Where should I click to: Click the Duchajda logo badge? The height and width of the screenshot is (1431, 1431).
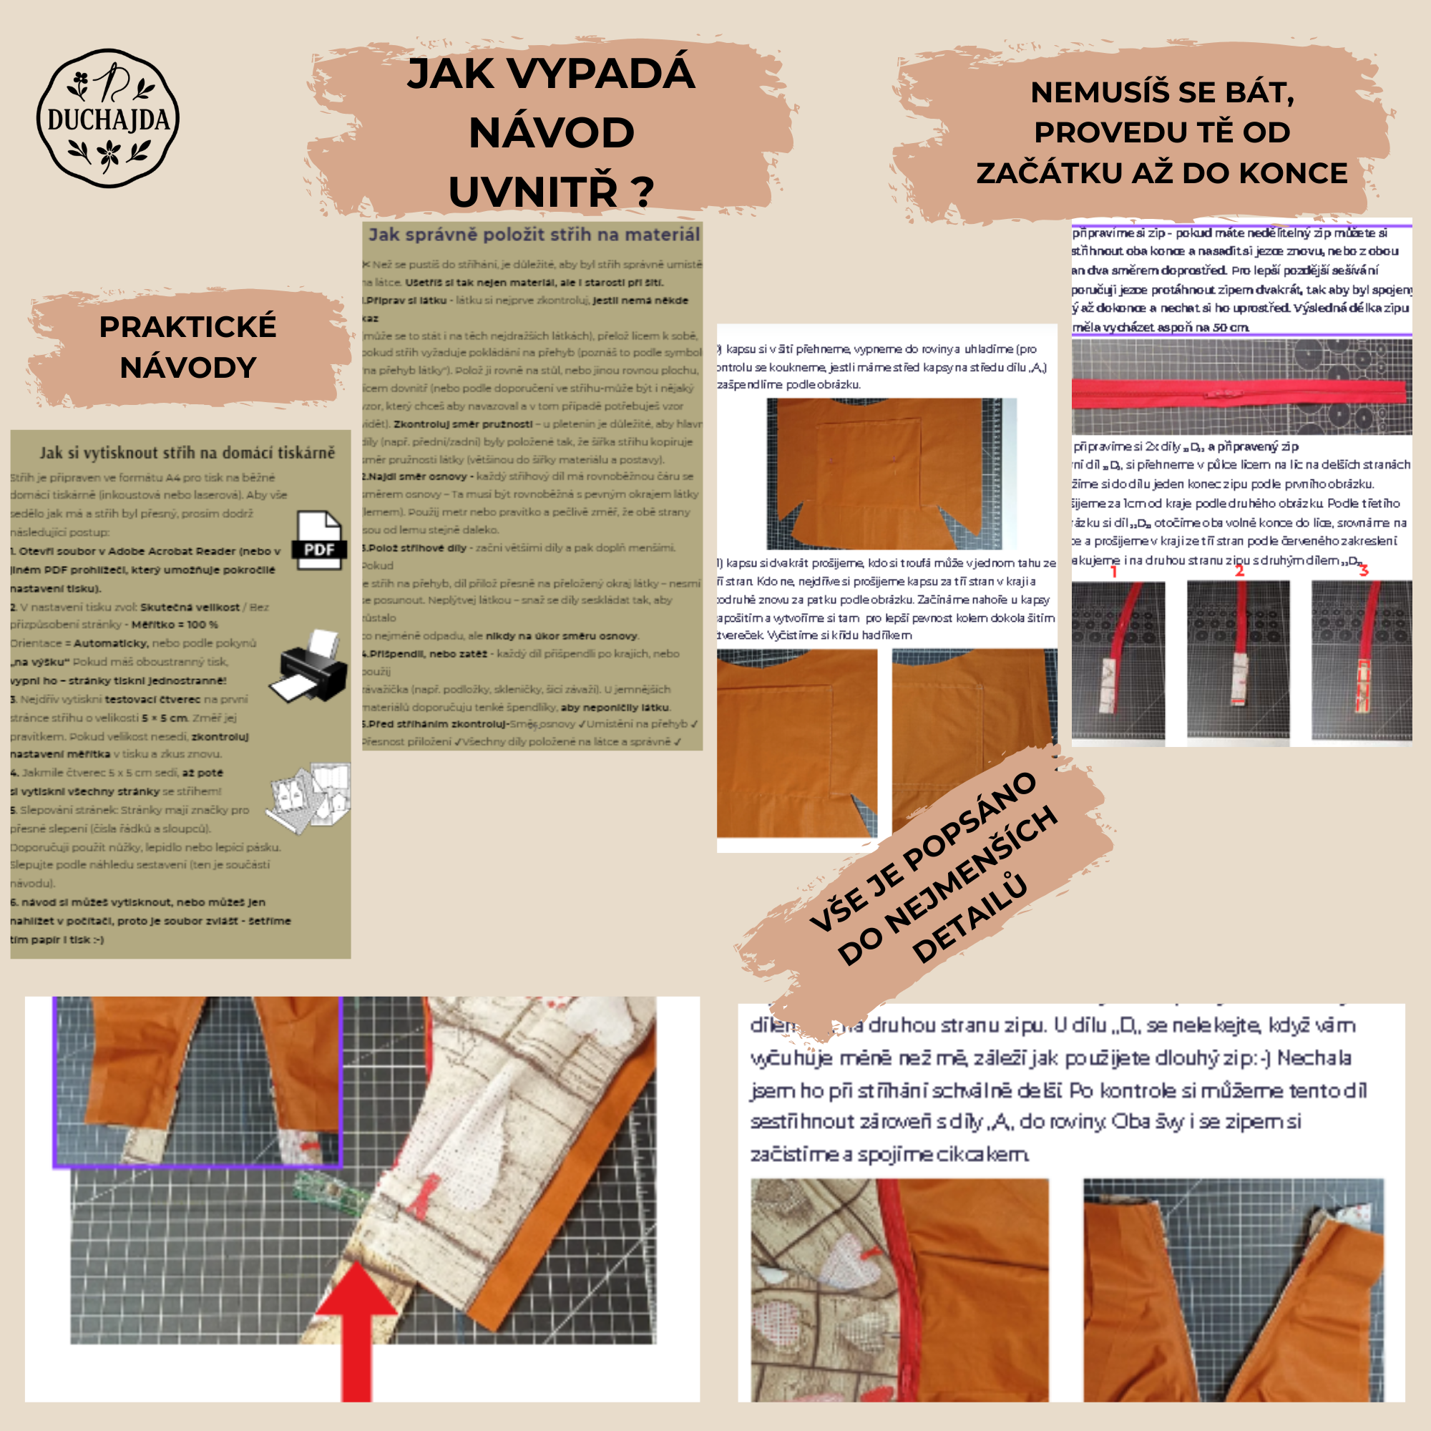point(108,118)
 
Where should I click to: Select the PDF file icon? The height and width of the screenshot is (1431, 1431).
point(319,540)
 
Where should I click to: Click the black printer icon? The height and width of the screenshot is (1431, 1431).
point(309,667)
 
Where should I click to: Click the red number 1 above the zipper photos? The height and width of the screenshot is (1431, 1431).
point(1113,571)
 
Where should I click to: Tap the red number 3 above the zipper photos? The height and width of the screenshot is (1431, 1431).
point(1364,570)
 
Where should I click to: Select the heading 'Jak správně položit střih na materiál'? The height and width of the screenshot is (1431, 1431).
point(534,235)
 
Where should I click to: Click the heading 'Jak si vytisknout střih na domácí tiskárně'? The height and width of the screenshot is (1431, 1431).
point(187,453)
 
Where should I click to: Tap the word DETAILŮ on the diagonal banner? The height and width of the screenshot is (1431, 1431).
point(970,919)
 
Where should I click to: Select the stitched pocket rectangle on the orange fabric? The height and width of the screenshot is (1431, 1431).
point(866,464)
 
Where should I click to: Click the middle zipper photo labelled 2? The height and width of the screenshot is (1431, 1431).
point(1239,659)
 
